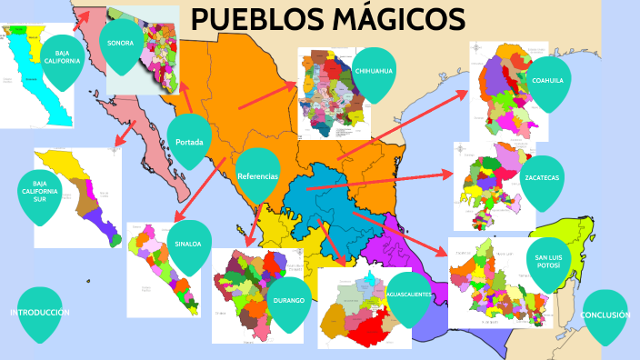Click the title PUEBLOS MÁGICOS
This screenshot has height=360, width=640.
[328, 19]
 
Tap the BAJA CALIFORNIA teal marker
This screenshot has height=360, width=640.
[62, 56]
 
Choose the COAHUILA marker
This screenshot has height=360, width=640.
[548, 80]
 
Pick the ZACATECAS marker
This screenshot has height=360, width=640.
[541, 178]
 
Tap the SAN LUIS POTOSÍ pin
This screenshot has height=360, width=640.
[548, 261]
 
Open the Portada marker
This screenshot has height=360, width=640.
[188, 141]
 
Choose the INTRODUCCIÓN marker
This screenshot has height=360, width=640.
[40, 313]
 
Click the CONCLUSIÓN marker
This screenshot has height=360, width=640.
[605, 315]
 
